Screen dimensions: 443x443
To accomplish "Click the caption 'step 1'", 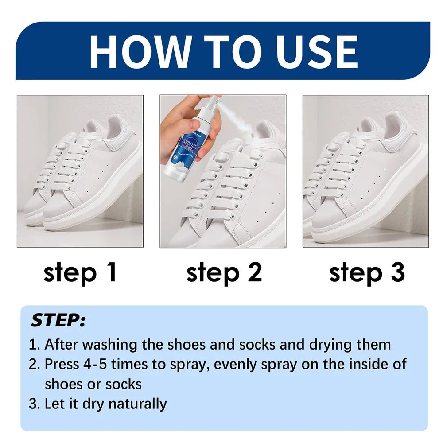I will tap(80, 272).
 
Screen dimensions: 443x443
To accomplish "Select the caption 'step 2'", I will tap(224, 272).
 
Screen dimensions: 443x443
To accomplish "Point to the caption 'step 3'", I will tap(367, 272).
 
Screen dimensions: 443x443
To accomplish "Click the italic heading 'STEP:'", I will tap(58, 320).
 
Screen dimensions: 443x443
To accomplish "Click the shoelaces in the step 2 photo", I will tap(221, 186).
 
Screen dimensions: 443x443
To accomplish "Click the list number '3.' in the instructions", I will tap(35, 404).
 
